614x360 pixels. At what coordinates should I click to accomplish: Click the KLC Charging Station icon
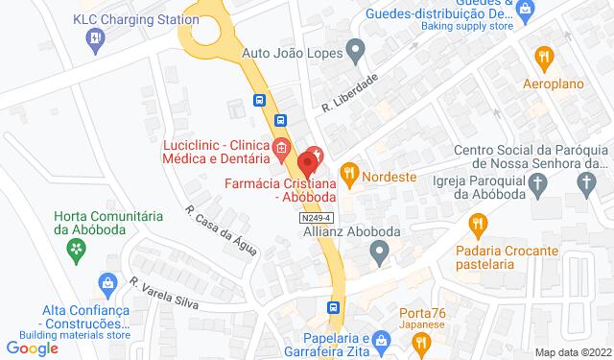click(x=95, y=39)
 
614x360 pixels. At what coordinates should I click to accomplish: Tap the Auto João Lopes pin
click(x=356, y=48)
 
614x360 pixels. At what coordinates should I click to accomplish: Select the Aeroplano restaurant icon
click(x=544, y=57)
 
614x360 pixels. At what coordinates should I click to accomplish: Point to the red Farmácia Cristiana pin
click(x=309, y=160)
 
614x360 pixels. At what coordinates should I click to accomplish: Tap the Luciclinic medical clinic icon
click(x=280, y=148)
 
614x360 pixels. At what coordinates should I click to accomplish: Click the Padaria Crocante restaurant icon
click(x=477, y=226)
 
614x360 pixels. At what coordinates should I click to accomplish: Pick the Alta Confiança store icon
click(x=107, y=284)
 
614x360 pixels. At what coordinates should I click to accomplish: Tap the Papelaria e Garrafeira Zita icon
click(x=381, y=339)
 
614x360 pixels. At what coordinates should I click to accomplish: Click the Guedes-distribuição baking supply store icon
click(x=524, y=11)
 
